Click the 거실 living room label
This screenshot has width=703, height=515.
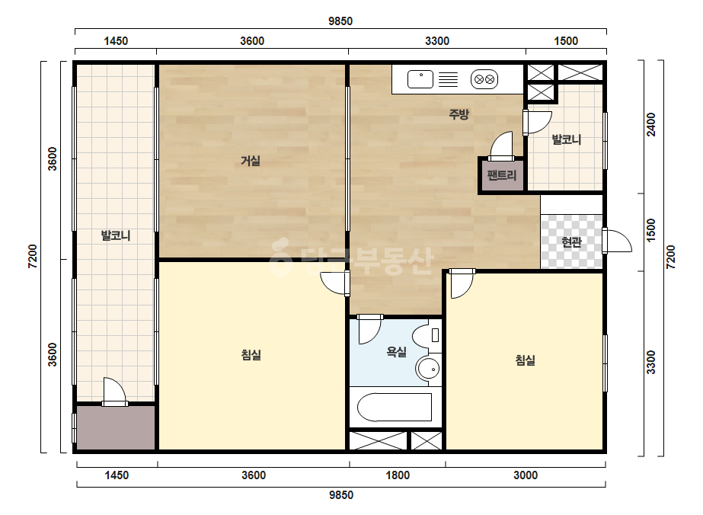pos(250,161)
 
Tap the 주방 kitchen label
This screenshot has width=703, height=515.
pos(459,114)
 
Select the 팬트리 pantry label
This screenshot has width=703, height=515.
pos(502,175)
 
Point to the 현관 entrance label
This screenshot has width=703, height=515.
pos(572,242)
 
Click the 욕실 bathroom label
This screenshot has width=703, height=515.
pos(396,352)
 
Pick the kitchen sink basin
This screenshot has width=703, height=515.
pos(420,79)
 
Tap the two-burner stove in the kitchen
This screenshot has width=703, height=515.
pos(484,79)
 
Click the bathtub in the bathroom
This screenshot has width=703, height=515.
pos(394,408)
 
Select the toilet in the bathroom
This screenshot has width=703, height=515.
pos(427,335)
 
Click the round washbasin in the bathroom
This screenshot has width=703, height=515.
pos(428,369)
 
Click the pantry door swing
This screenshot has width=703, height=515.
pos(501,146)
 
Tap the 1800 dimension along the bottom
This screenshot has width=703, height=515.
pos(398,475)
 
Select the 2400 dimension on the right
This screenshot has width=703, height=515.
pos(651,124)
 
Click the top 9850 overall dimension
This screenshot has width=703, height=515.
pos(340,21)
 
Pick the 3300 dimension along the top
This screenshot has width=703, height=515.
pos(437,41)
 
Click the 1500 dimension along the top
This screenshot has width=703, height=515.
pos(566,41)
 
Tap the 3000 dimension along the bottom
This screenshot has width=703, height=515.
pos(526,475)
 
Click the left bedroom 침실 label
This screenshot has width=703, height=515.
pos(251,355)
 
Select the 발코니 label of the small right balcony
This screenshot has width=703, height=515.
pos(566,139)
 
